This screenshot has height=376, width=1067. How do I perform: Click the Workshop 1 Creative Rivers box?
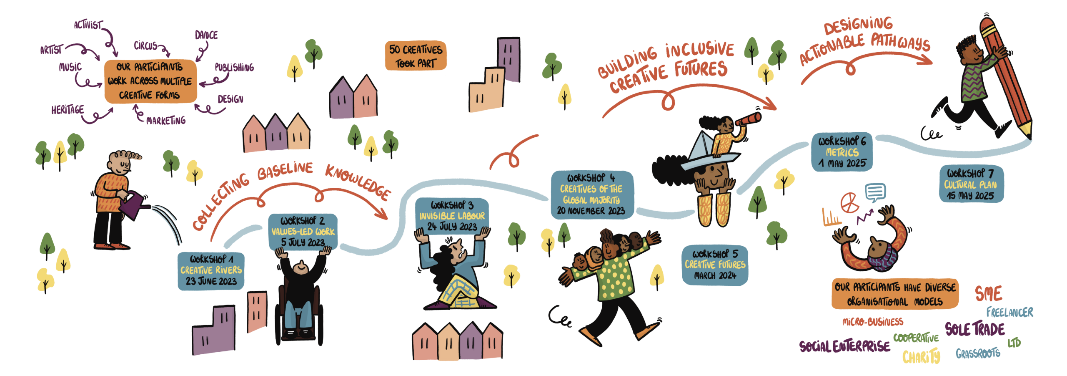pyautogui.click(x=211, y=270)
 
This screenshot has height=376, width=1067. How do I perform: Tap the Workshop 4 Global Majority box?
pyautogui.click(x=592, y=194)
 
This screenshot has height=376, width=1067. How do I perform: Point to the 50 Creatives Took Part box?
pyautogui.click(x=416, y=56)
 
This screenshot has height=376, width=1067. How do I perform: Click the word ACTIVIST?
pyautogui.click(x=88, y=25)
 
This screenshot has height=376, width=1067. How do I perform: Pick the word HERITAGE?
pyautogui.click(x=68, y=110)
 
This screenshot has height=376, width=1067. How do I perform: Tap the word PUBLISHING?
pyautogui.click(x=234, y=68)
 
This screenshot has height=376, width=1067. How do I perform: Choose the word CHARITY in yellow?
pyautogui.click(x=922, y=357)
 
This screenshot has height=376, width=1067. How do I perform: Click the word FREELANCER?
pyautogui.click(x=1009, y=312)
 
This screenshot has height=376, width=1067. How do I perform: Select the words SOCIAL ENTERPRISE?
pyautogui.click(x=844, y=346)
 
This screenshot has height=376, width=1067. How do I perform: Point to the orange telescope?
pyautogui.click(x=749, y=119)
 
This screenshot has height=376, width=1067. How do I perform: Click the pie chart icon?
pyautogui.click(x=849, y=202)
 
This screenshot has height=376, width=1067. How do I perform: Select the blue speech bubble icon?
pyautogui.click(x=875, y=192)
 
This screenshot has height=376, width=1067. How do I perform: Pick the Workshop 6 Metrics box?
pyautogui.click(x=842, y=152)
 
